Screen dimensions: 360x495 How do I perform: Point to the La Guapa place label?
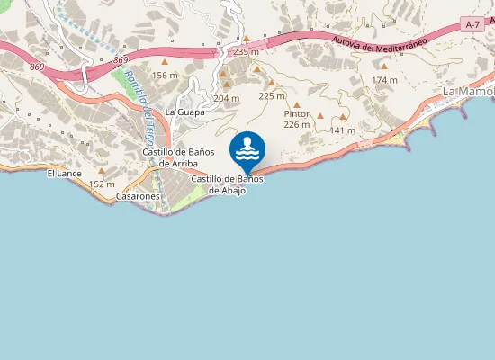coord(184,112)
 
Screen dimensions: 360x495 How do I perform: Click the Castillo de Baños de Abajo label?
coord(227,184)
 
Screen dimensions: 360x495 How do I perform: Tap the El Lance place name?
coord(65,171)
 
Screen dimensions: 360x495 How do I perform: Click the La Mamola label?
coord(468,92)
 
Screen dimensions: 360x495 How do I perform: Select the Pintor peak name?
coord(296,114)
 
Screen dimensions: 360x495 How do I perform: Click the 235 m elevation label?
coord(246,52)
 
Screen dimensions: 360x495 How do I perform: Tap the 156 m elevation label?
coord(165,76)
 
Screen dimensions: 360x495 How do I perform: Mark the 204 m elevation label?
coord(227,98)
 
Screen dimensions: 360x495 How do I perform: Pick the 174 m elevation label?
coord(384,80)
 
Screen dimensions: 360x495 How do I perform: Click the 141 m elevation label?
coord(343,130)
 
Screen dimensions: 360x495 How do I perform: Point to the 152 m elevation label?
coord(103,184)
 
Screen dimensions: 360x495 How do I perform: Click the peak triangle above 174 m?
coord(384,66)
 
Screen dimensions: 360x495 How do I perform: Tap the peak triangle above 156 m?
coord(165,61)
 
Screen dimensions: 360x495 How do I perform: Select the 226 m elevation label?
coord(296,125)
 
